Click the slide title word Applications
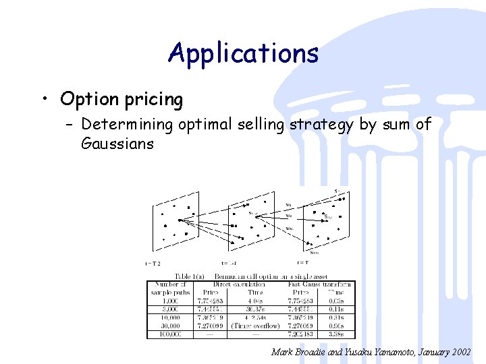pyautogui.click(x=243, y=53)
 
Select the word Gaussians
pyautogui.click(x=117, y=144)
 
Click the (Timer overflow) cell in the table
pyautogui.click(x=255, y=325)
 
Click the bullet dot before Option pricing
pyautogui.click(x=45, y=100)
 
